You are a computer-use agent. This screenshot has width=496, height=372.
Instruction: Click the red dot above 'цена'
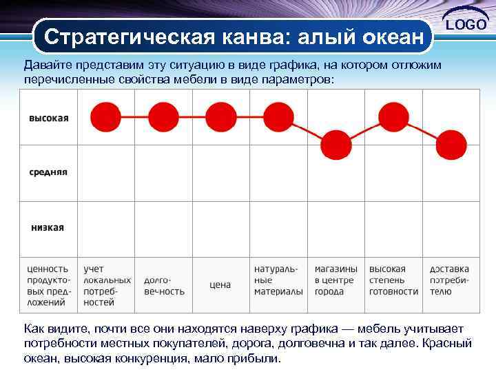pos(221,116)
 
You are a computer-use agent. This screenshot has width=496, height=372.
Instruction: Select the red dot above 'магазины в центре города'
pos(336,143)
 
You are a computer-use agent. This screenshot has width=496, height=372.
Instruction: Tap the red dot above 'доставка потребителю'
pos(451,143)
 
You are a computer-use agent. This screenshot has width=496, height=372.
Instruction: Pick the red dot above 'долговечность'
pos(163,116)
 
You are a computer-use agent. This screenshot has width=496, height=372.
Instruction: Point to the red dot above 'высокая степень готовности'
pos(393,116)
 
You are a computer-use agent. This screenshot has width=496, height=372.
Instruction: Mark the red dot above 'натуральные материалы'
pos(278,116)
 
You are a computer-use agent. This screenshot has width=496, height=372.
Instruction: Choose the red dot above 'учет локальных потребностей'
pos(105,116)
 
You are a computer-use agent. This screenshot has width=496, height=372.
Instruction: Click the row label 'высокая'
pos(48,118)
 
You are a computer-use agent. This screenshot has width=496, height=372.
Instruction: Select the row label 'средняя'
pos(48,172)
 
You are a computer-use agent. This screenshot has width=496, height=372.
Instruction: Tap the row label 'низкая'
pos(48,227)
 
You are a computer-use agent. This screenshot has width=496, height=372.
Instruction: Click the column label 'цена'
pos(220,285)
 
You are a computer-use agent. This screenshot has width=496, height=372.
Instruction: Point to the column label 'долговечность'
pos(164,285)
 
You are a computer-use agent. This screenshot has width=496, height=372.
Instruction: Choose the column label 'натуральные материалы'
pos(278,280)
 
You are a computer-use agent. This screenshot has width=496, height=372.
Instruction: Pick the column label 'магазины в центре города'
pos(336,280)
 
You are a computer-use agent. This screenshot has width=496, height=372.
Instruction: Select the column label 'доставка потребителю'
pos(450,280)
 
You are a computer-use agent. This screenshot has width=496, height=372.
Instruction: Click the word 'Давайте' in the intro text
pos(47,65)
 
